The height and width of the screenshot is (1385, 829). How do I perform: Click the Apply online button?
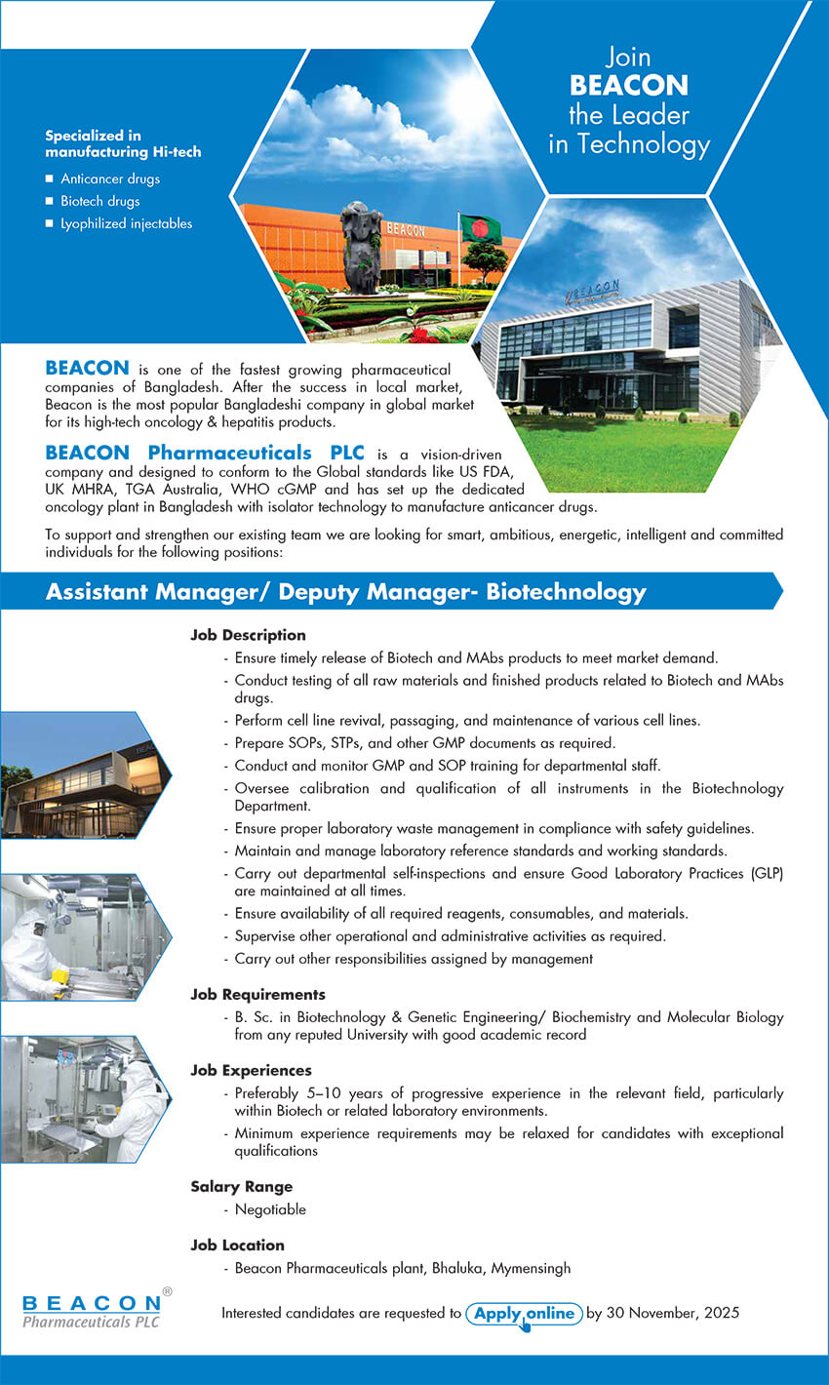pos(524,1313)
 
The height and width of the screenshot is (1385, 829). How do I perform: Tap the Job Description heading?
pos(248,635)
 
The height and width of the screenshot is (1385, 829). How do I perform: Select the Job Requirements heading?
pos(257,995)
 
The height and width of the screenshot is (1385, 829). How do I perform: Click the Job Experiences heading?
pos(251,1071)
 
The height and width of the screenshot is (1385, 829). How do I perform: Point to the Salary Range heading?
pos(241,1187)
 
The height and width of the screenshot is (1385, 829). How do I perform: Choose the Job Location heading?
pos(237,1246)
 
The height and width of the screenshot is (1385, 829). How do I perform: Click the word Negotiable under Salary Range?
pos(270,1209)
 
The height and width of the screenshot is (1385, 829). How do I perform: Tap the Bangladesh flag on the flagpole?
pos(480,229)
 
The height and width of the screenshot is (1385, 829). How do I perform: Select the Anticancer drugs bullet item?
pos(110,178)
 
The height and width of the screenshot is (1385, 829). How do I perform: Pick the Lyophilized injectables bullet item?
pos(126,223)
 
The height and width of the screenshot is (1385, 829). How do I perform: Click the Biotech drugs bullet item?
pos(100,201)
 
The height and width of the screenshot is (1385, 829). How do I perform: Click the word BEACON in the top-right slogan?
pos(629,86)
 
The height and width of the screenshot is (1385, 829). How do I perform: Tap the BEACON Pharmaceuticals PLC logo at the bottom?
pos(92,1311)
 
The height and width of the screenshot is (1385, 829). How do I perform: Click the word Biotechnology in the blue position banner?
pos(566,591)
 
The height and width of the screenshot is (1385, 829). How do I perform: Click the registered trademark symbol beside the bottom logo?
pos(167,1291)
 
